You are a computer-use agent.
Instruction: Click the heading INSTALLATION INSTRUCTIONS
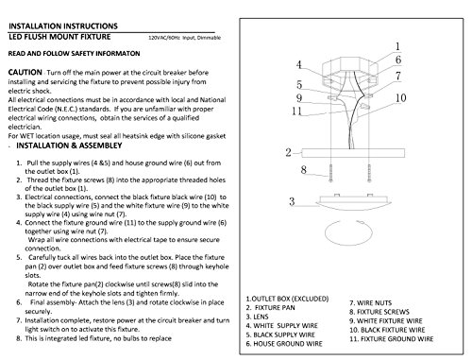[x=63, y=26]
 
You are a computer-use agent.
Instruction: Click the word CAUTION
[x=25, y=72]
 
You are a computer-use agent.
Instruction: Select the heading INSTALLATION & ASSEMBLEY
[x=69, y=146]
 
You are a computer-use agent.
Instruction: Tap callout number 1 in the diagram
[x=397, y=46]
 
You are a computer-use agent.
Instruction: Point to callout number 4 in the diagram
[x=299, y=65]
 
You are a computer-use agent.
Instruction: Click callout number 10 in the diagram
[x=401, y=98]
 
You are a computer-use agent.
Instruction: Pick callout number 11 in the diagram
[x=296, y=111]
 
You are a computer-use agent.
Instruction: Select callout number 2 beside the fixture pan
[x=288, y=153]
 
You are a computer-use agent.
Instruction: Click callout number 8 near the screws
[x=303, y=170]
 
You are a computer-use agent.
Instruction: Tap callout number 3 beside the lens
[x=292, y=201]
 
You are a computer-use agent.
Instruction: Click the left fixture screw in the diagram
[x=330, y=173]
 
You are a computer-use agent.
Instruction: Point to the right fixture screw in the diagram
[x=369, y=173]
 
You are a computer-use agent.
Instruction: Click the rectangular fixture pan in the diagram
[x=353, y=153]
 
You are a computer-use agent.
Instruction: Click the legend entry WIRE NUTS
[x=371, y=303]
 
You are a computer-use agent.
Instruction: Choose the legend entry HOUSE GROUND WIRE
[x=284, y=344]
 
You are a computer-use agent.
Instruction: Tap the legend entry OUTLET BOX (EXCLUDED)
[x=287, y=299]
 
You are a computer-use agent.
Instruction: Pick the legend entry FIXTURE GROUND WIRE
[x=392, y=339]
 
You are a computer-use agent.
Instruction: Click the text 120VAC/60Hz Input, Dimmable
[x=184, y=38]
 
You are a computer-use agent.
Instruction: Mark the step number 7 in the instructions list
[x=19, y=320]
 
